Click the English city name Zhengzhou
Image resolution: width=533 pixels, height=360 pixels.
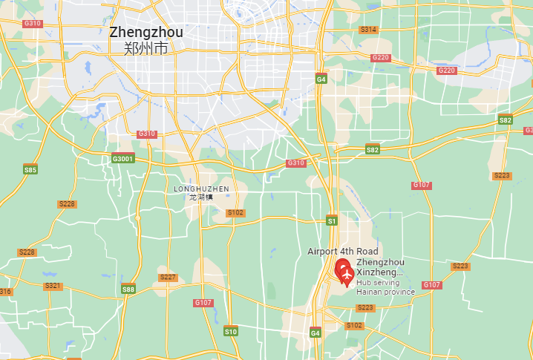point(145,33)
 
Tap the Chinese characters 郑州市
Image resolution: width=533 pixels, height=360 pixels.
point(145,49)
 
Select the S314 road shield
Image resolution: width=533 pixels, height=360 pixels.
point(368,30)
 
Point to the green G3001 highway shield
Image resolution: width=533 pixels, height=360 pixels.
point(122,159)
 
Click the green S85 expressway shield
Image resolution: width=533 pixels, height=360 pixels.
point(30,170)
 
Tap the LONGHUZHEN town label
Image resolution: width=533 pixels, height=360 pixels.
point(201,189)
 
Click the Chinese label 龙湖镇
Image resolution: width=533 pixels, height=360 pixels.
point(200,197)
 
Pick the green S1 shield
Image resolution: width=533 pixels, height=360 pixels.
point(332,220)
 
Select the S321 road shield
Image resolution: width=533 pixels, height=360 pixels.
point(53,286)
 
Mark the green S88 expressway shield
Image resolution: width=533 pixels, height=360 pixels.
point(128,289)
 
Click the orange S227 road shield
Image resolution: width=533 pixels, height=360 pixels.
point(169,278)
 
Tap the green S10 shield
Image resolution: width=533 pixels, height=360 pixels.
point(231,331)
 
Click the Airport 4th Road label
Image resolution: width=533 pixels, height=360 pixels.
point(343,252)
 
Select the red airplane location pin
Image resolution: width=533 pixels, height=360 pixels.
point(344,272)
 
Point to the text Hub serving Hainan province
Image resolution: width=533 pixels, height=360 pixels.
point(385,287)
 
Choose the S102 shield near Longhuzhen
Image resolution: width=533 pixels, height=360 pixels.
point(235,213)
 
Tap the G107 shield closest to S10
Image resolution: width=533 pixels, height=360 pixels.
point(203,303)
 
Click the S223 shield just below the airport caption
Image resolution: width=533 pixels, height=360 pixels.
point(365,307)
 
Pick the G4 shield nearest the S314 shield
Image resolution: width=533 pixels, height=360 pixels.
point(321,79)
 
